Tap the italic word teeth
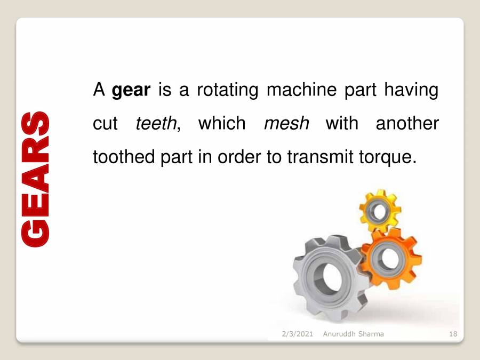tap(156, 124)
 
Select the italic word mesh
tap(286, 124)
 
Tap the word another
tap(407, 124)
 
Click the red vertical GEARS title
tap(36, 179)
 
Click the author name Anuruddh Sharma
tap(353, 334)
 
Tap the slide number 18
tap(453, 334)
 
